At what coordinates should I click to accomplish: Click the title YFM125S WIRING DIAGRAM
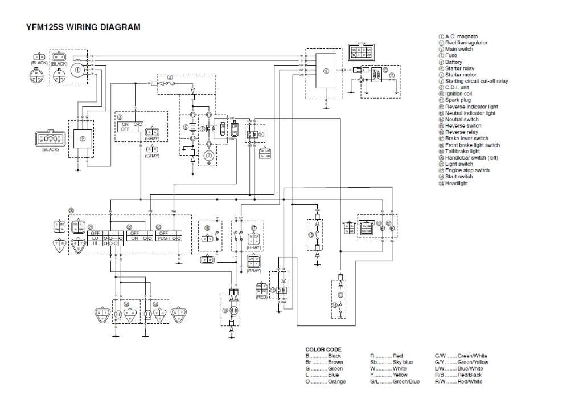tap(83, 26)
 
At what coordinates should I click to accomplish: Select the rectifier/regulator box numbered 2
tap(82, 139)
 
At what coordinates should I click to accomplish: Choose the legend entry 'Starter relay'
tap(460, 68)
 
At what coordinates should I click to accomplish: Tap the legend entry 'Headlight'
tap(457, 184)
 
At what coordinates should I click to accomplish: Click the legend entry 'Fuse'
tap(451, 56)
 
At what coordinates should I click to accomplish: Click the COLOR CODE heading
tap(323, 349)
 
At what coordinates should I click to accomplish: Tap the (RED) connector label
tap(262, 297)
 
